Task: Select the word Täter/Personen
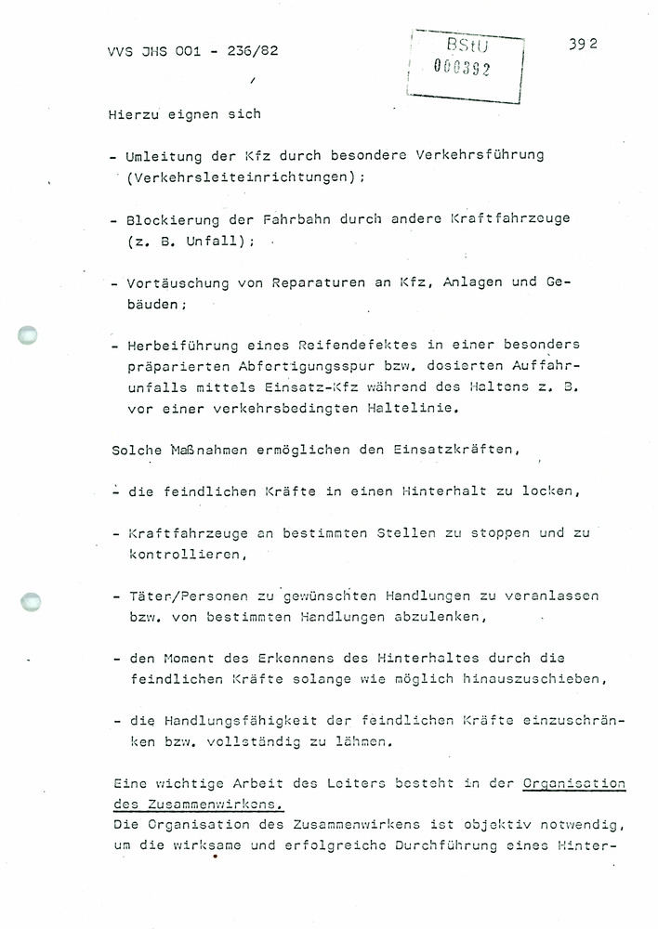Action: (187, 596)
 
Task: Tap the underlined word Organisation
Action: (572, 783)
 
